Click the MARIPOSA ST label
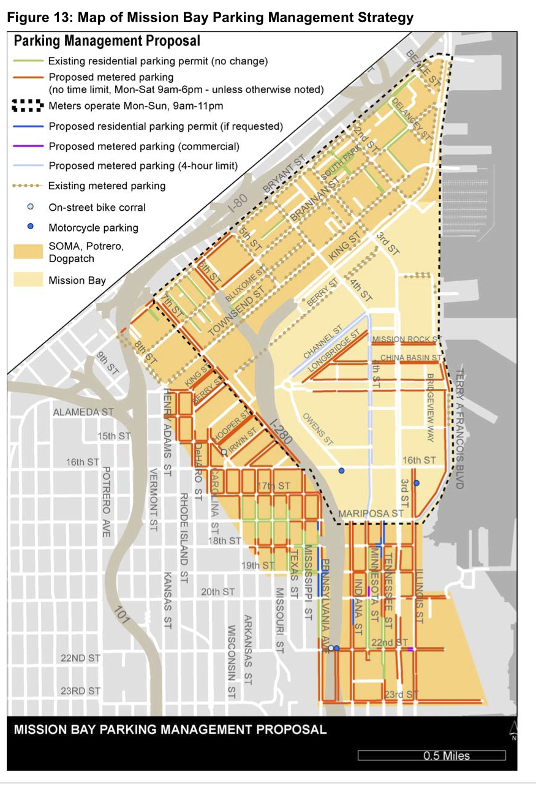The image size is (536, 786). click(x=372, y=513)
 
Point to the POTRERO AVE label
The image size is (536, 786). click(x=106, y=502)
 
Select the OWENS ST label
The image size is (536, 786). click(x=319, y=429)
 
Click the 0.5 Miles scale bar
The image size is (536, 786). click(x=431, y=755)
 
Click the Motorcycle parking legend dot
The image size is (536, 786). click(x=31, y=227)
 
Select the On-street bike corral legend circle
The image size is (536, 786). click(x=31, y=206)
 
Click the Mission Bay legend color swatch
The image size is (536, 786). click(x=28, y=281)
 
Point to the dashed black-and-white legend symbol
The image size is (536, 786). click(x=28, y=107)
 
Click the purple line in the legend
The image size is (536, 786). click(x=28, y=146)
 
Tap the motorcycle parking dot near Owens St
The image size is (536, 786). click(x=342, y=470)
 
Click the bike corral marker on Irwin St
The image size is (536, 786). click(x=224, y=452)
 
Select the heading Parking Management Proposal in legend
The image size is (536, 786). click(x=107, y=42)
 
